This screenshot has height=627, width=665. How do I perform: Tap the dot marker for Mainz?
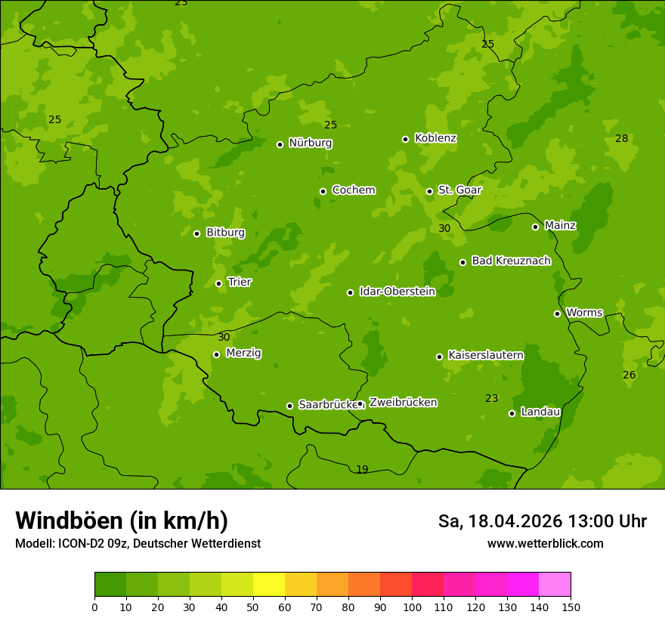(x=535, y=227)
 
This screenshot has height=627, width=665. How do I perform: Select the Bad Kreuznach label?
(x=511, y=261)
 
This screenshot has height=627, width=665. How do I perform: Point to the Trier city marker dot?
(x=219, y=284)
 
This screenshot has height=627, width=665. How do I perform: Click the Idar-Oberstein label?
(x=397, y=292)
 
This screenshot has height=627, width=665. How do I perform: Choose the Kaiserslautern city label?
(x=485, y=355)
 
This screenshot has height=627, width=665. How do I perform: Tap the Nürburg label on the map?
(x=310, y=143)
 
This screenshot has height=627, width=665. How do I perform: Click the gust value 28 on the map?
(x=621, y=138)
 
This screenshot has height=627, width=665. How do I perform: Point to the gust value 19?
(x=362, y=470)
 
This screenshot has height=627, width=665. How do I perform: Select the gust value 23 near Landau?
(x=492, y=398)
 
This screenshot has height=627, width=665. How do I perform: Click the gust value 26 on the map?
(x=629, y=375)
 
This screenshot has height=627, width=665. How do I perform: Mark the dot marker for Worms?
(x=557, y=313)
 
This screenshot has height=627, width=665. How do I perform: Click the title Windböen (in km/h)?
(x=122, y=520)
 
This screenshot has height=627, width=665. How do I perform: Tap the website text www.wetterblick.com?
(x=545, y=543)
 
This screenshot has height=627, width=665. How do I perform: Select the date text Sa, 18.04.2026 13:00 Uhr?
(x=542, y=521)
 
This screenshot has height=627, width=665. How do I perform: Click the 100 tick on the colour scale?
(x=412, y=607)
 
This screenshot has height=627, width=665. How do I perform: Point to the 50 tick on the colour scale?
(x=253, y=607)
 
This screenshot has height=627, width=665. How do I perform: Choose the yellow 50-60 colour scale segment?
(x=269, y=585)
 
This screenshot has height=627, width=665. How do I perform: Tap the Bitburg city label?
(x=225, y=233)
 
